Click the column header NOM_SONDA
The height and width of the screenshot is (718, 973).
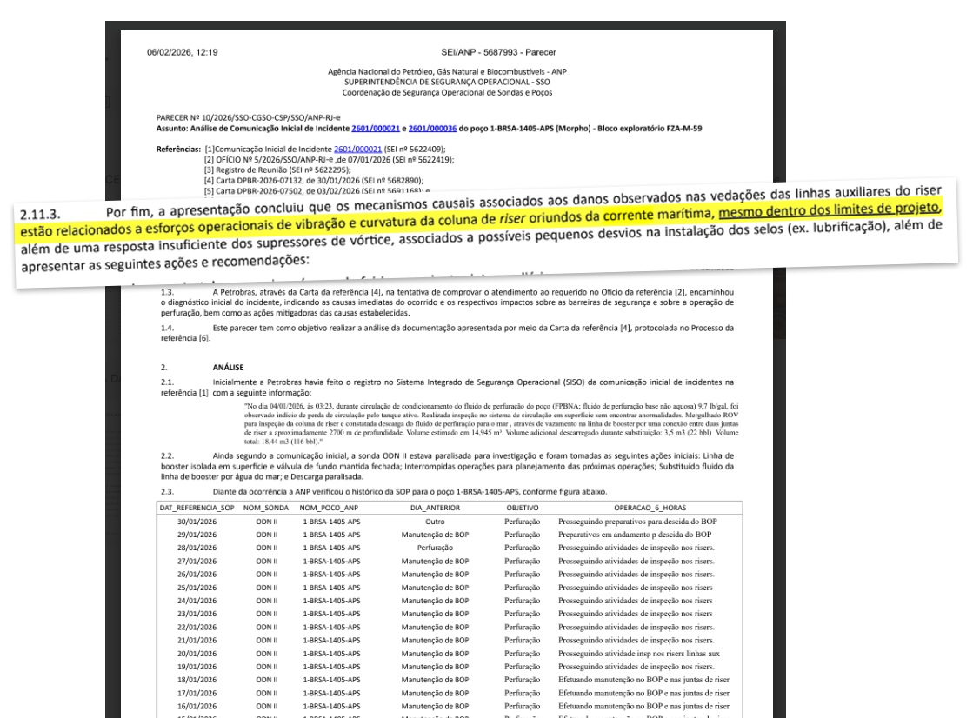[263, 506]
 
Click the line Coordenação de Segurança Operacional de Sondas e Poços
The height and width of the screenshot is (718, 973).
[449, 91]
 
